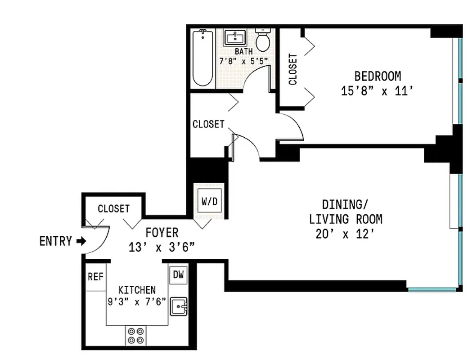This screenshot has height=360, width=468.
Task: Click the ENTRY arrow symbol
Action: tap(81, 242)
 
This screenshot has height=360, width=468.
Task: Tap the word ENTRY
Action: tap(55, 242)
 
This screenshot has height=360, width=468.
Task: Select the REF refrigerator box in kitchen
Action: tap(95, 276)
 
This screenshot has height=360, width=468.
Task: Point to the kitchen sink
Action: tap(179, 307)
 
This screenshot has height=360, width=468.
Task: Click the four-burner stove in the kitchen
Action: tap(136, 335)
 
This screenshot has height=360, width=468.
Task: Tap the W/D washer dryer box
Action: tap(209, 202)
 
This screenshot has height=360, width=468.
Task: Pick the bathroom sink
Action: tap(234, 36)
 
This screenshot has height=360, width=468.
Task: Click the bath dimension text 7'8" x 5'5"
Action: tap(243, 61)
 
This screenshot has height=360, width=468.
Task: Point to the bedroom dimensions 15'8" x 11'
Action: tap(377, 91)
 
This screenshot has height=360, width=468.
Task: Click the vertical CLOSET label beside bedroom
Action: tap(293, 69)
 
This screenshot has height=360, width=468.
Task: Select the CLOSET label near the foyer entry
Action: tap(113, 209)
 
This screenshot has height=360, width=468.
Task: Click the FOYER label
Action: tap(162, 233)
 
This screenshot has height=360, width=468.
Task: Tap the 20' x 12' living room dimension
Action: tap(345, 234)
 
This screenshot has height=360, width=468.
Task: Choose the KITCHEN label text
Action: tap(137, 290)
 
